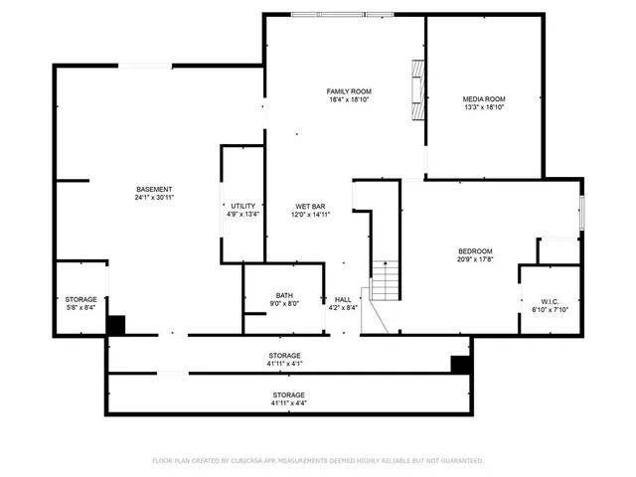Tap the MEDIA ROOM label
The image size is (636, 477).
484,99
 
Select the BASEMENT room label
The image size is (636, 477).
154,189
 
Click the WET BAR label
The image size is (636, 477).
309,206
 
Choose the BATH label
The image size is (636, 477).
284,295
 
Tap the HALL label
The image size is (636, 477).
342,299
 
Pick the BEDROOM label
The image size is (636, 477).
475,250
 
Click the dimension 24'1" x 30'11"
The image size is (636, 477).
154,198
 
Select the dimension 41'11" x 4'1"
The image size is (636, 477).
284,364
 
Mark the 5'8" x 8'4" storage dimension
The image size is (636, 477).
81,308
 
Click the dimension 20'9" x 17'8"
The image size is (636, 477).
475,259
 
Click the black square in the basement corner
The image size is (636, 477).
116,324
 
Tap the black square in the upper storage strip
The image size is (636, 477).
460,365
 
